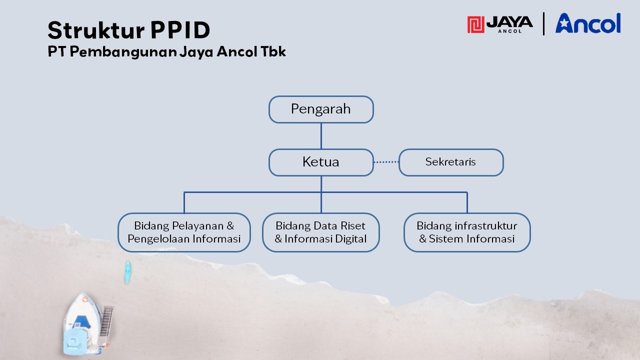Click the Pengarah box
pos(321,109)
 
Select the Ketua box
pos(321,162)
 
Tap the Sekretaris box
pos(451,162)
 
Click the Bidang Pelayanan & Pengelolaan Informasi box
pos(184,232)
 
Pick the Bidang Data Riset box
pos(321,232)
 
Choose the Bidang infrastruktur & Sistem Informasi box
pos(467,232)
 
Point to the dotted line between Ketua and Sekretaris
pos(386,162)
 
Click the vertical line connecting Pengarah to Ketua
pos(321,136)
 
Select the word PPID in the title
pos(180,29)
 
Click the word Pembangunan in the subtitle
pos(123,52)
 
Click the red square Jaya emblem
pos(475,24)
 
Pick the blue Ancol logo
pos(588,23)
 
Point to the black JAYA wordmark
pos(509,22)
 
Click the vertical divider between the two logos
pos(543,23)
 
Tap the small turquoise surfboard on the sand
pos(127,272)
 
